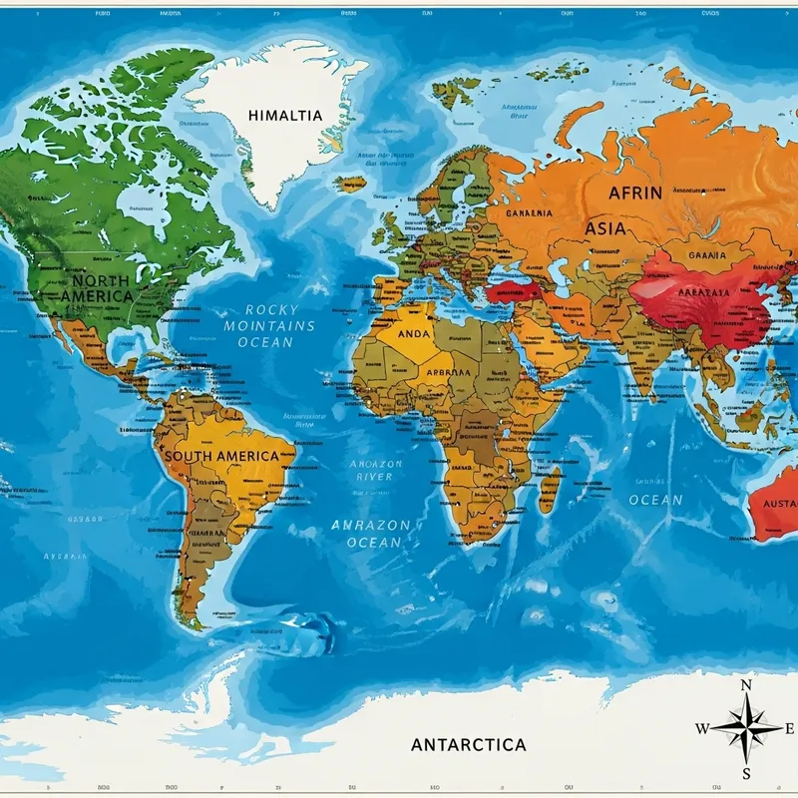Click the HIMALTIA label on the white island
(x=285, y=116)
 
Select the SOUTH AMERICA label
(x=220, y=456)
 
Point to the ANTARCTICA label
(x=468, y=745)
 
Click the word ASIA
(x=605, y=228)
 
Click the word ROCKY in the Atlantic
(x=271, y=309)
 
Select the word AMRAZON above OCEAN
(x=370, y=524)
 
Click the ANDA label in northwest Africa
(x=414, y=334)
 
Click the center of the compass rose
(x=746, y=728)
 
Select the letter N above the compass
(x=746, y=685)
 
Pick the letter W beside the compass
(x=702, y=728)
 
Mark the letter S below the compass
(x=746, y=773)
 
